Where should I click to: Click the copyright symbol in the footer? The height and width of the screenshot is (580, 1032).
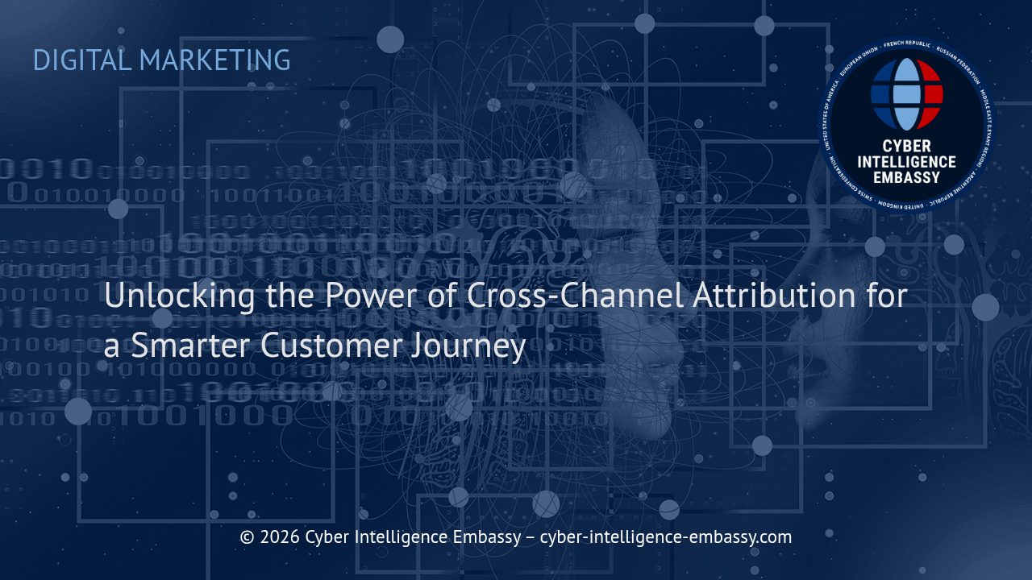point(248,537)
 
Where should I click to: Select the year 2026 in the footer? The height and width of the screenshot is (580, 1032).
point(280,537)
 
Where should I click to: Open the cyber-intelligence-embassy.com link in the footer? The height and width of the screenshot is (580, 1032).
point(666,537)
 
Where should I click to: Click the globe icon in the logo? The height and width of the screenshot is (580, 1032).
point(907,94)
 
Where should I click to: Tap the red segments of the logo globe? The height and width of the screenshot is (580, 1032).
point(930,93)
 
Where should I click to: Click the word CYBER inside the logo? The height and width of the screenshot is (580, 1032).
point(907,147)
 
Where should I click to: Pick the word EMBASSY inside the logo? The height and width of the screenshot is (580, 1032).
point(907,176)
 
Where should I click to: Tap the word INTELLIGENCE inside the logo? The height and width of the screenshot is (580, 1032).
point(907,162)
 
